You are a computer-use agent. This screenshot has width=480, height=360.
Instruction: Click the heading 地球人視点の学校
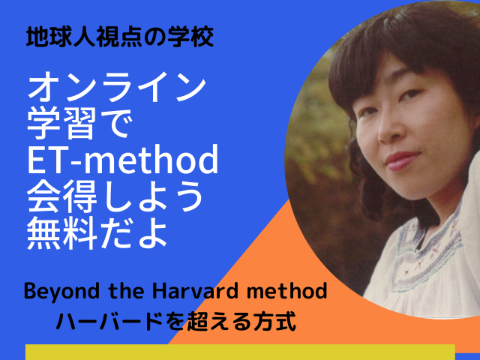click(x=120, y=37)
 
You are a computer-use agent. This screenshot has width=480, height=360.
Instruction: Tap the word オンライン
click(x=117, y=87)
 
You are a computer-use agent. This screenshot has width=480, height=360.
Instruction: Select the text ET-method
click(x=123, y=159)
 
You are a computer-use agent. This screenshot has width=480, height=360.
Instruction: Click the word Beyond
click(x=61, y=292)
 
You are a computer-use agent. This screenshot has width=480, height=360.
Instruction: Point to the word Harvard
click(x=195, y=291)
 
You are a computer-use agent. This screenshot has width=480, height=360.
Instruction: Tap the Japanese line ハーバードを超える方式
click(x=176, y=321)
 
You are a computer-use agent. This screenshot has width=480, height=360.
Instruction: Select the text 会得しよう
click(x=115, y=196)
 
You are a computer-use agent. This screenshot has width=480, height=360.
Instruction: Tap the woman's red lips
click(x=403, y=160)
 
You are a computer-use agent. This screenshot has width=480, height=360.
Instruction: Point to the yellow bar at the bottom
click(x=240, y=352)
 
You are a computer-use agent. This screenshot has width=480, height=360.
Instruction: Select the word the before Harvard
click(x=126, y=291)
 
